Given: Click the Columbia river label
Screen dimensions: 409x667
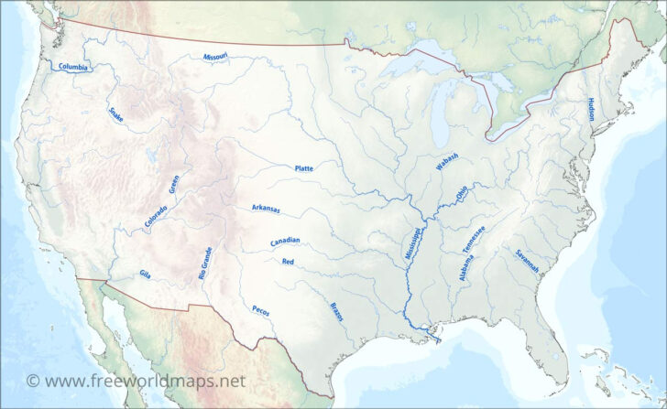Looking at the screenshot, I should [x=73, y=67].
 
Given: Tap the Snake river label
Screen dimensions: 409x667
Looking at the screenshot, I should [x=115, y=114].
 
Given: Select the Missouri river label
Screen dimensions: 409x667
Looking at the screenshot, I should [x=216, y=57].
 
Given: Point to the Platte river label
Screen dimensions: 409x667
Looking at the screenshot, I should [x=303, y=168].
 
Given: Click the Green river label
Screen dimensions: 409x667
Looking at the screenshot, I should [x=174, y=184].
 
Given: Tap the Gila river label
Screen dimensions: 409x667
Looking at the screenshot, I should [x=145, y=274].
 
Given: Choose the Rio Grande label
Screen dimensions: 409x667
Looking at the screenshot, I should [x=206, y=263].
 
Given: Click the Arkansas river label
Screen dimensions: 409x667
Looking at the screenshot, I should [x=266, y=210].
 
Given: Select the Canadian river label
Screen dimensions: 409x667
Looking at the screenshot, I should [x=285, y=242].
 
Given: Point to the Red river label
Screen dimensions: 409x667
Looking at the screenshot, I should [x=288, y=262].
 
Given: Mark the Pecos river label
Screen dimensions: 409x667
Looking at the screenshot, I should [x=260, y=309].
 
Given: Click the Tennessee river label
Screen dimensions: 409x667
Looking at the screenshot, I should [x=474, y=239].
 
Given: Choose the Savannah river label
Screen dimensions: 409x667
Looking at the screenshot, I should [x=526, y=262].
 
